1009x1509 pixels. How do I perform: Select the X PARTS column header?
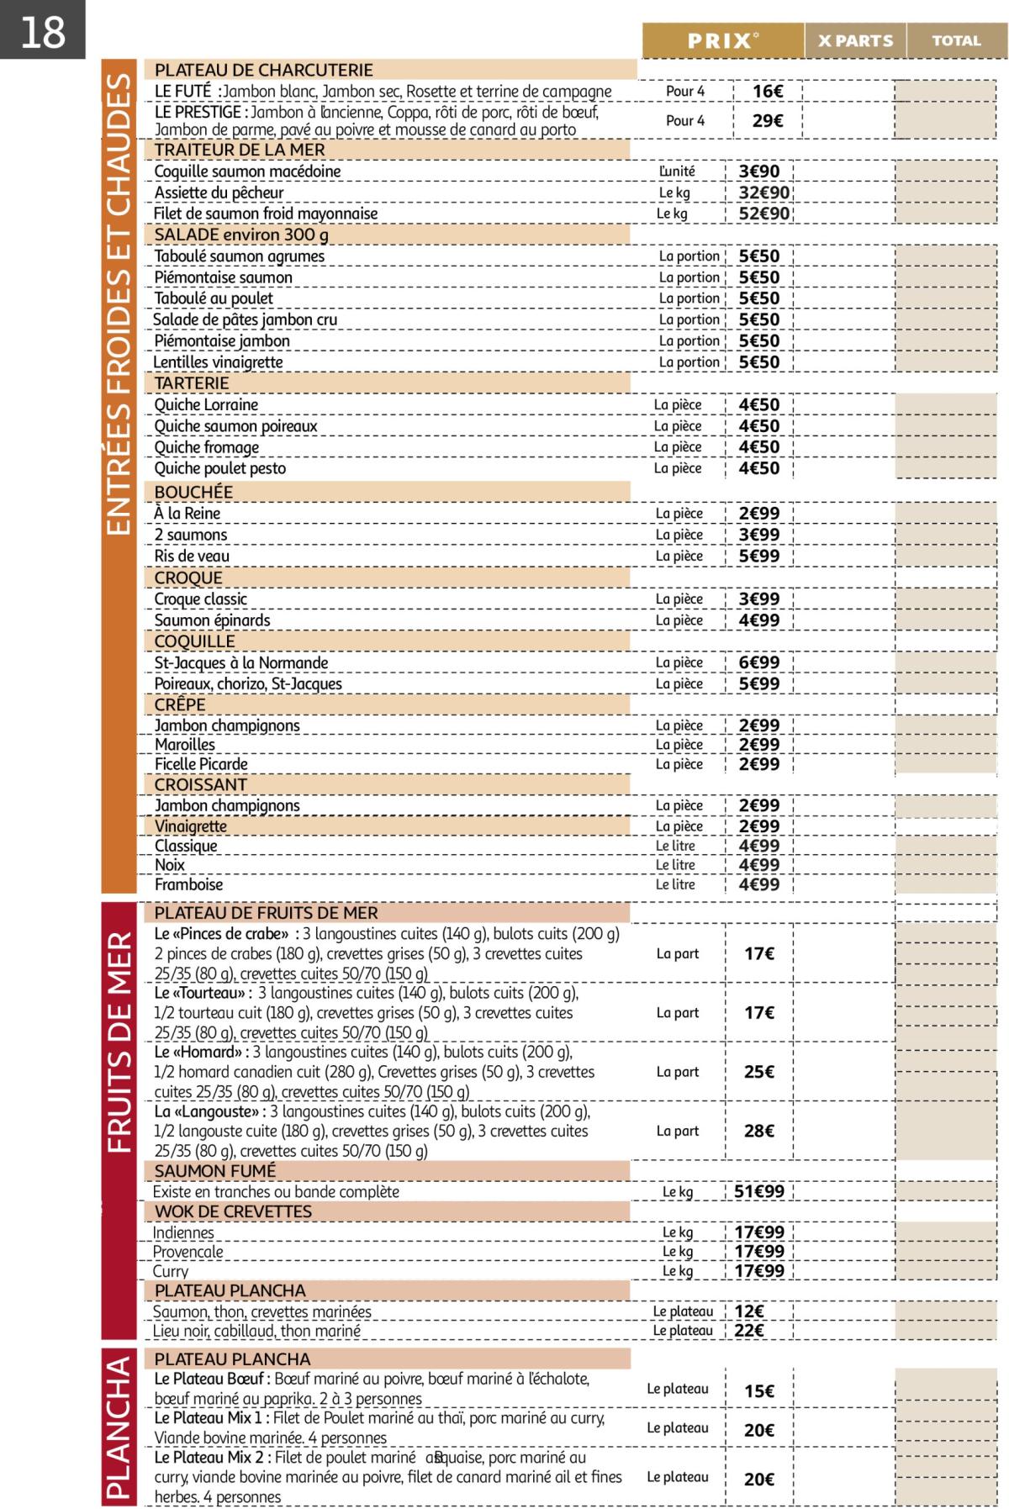point(855,40)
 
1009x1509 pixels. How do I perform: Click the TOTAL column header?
point(956,40)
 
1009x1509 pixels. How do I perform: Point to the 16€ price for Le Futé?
point(767,92)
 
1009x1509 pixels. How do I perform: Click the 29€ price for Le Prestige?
point(767,121)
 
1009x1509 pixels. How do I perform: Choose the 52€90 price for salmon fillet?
point(763,214)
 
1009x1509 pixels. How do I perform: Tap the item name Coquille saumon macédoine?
point(247,171)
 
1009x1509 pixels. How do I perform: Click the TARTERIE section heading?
point(192,383)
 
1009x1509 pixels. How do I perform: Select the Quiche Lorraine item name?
point(206,405)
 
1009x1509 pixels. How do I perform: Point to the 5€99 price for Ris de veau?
point(758,557)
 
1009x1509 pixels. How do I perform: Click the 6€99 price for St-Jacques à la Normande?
point(758,663)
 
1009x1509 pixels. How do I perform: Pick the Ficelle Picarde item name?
point(201,764)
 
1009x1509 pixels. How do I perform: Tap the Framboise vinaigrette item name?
point(188,885)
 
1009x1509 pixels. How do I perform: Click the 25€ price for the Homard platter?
point(758,1073)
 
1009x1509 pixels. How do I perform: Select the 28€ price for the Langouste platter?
point(758,1132)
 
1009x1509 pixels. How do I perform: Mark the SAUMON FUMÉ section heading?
point(214,1171)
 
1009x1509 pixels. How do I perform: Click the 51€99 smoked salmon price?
point(758,1192)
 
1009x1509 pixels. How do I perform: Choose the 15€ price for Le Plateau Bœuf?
point(758,1391)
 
